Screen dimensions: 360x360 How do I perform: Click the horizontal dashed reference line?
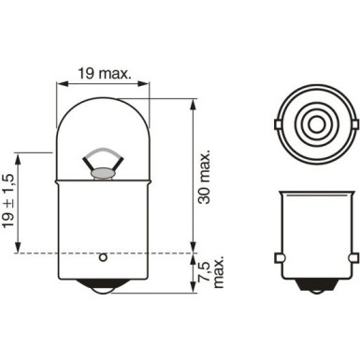140,252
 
